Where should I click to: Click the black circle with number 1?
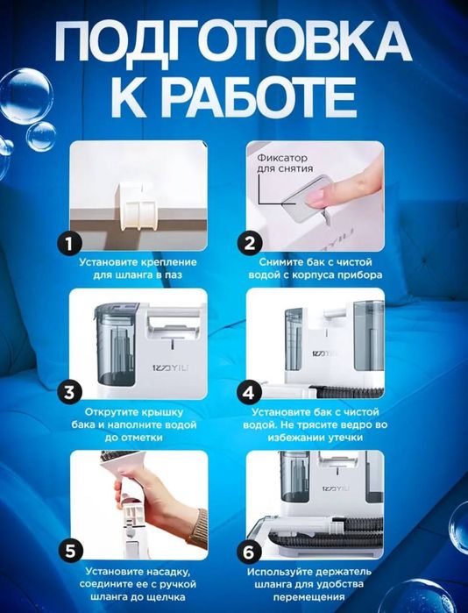[x=69, y=244]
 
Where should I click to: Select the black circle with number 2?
[x=250, y=244]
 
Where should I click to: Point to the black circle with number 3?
[x=69, y=392]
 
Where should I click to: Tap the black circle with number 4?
[x=249, y=392]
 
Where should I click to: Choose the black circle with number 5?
[x=71, y=552]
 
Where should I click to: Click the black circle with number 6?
[x=249, y=552]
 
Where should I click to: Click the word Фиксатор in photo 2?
[x=282, y=158]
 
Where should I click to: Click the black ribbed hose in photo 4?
[x=347, y=392]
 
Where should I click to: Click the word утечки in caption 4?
[x=345, y=438]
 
